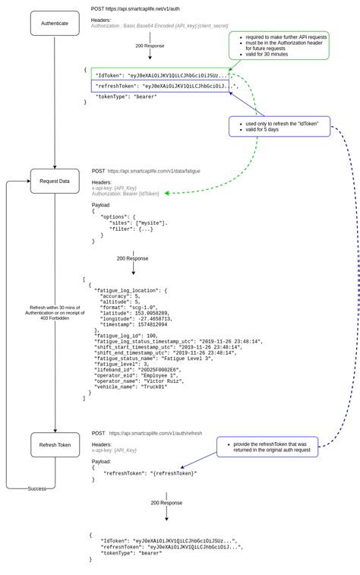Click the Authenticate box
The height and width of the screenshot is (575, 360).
click(x=55, y=24)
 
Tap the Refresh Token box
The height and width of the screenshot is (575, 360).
click(x=55, y=445)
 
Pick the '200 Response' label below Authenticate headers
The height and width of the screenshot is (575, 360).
click(x=150, y=46)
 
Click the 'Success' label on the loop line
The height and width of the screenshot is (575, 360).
click(x=37, y=488)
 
